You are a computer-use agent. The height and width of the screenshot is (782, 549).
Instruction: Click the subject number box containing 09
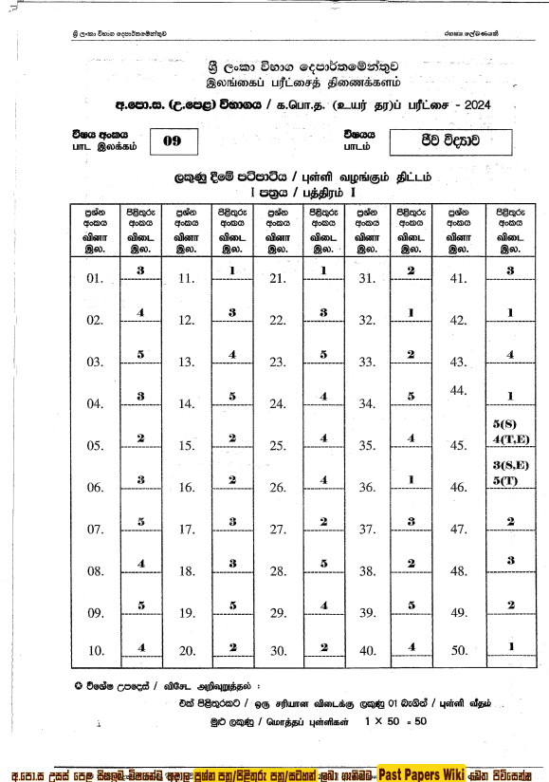(173, 142)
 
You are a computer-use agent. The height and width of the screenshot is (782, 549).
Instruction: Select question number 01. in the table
(94, 279)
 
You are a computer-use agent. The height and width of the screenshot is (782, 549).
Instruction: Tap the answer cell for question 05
(139, 438)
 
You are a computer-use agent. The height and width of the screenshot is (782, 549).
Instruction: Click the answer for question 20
(232, 647)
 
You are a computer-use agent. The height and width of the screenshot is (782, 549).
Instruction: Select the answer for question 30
(323, 647)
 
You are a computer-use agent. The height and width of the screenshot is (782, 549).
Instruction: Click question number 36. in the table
(368, 488)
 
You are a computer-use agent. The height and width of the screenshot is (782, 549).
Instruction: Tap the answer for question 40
(412, 647)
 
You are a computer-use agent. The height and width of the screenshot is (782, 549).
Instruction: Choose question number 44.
(459, 391)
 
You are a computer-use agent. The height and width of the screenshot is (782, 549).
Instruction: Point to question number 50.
(459, 651)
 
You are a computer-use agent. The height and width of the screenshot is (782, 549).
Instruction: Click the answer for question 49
(510, 605)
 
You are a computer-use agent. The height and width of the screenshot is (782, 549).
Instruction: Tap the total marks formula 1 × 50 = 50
(396, 722)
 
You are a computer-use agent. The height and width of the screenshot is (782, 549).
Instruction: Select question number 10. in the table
(94, 651)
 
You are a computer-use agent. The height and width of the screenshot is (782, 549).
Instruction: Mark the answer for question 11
(232, 270)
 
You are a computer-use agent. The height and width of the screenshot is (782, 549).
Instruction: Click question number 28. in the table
(278, 571)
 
